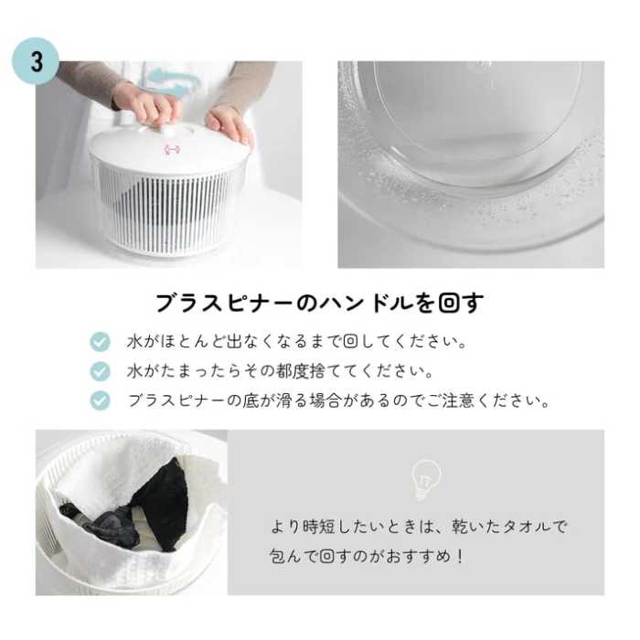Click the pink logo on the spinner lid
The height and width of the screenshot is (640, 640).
170,149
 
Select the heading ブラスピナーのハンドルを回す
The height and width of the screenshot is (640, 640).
319,303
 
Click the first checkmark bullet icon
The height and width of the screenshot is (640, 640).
100,342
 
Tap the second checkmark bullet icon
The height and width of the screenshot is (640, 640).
100,371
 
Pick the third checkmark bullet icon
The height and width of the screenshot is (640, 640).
100,400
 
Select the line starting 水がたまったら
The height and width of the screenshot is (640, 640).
280,372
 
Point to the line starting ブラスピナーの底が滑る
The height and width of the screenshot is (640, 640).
338,401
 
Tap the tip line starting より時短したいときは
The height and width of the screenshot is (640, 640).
419,527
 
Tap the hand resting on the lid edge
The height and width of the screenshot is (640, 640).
230,123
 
